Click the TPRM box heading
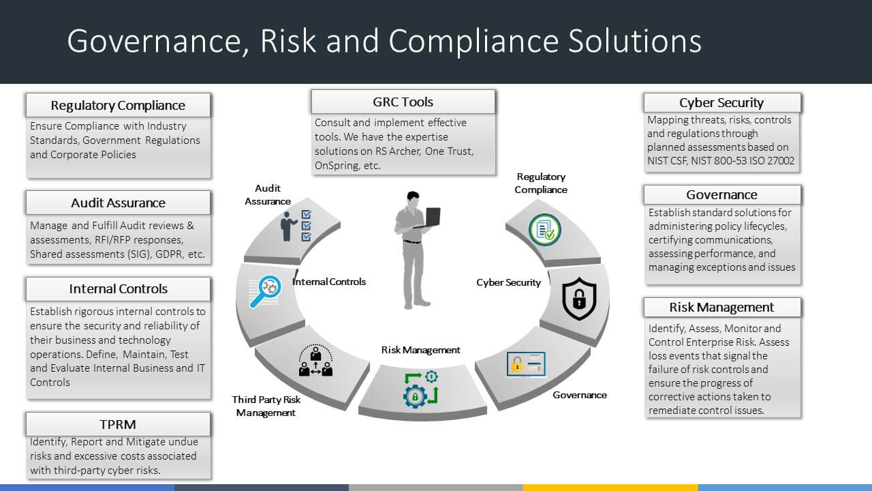point(118,424)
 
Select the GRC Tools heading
point(403,102)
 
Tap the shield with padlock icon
point(579,299)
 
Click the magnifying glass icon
point(266,291)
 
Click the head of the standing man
point(414,198)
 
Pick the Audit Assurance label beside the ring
point(268,194)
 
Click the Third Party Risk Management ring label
point(266,406)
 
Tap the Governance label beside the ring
point(580,395)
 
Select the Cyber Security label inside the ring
point(508,282)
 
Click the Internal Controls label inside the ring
point(329,282)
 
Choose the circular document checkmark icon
point(545,230)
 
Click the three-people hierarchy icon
point(315,361)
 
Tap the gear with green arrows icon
point(420,389)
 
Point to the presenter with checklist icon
point(296,226)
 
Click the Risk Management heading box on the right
point(722,307)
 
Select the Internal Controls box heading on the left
point(118,288)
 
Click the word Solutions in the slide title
point(634,40)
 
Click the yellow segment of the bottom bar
point(610,488)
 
